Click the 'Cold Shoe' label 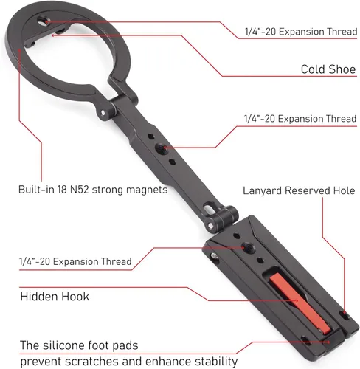(x=328, y=69)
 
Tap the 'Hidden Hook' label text (x=55, y=297)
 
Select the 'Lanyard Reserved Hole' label (x=299, y=190)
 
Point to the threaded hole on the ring (x=44, y=21)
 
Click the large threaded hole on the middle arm (x=162, y=149)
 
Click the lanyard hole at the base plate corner (x=345, y=315)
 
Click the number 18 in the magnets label (x=62, y=190)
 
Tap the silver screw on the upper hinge (x=103, y=113)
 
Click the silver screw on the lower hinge (x=210, y=225)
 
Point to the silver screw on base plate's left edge (x=215, y=256)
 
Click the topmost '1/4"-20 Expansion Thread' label (x=301, y=32)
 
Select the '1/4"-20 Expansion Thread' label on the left (x=75, y=261)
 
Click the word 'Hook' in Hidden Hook (x=75, y=297)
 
